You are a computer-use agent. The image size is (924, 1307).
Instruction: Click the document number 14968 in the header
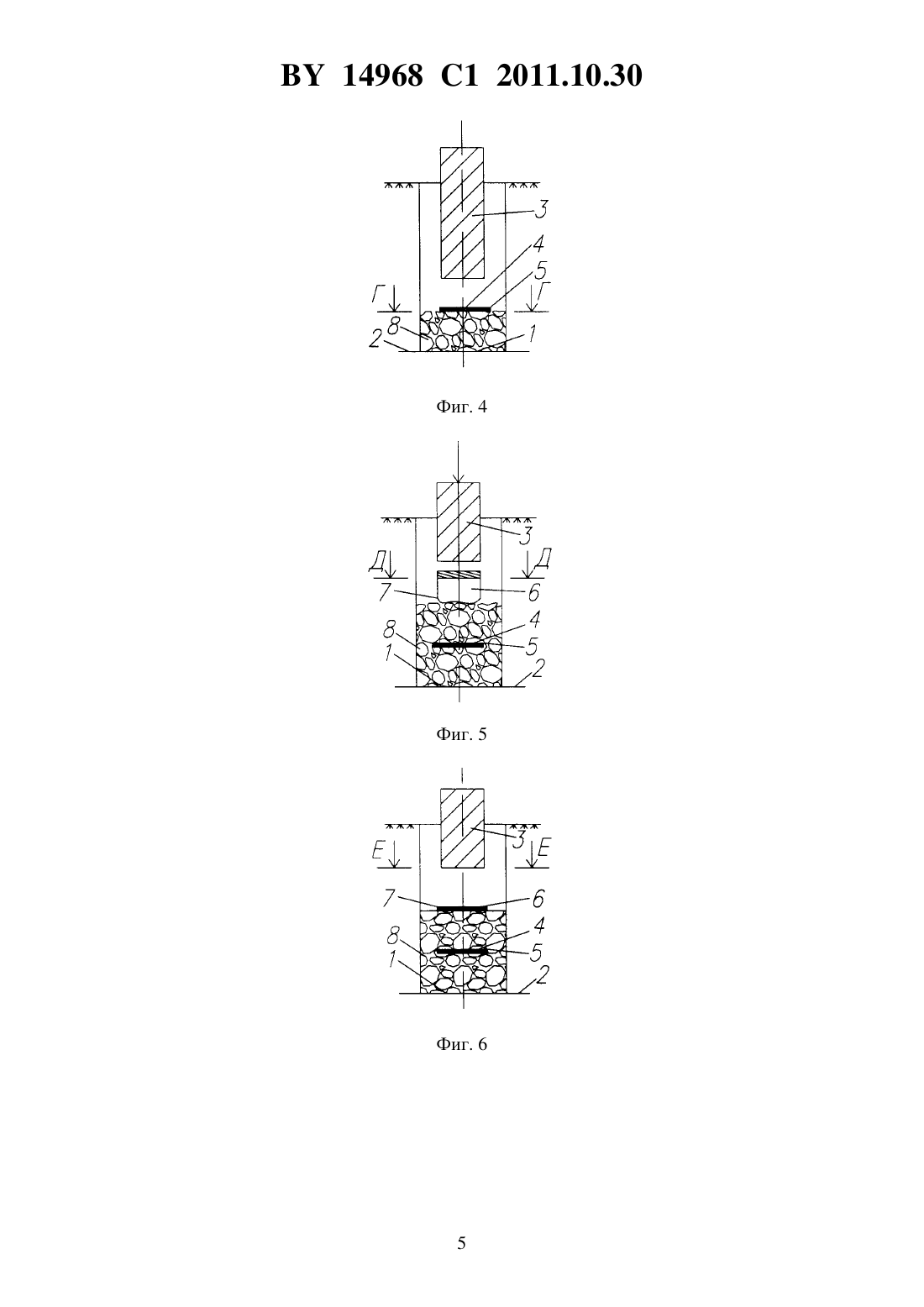point(382,76)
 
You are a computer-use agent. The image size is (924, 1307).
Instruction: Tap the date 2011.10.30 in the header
point(570,76)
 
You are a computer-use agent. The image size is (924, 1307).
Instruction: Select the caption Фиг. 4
point(461,407)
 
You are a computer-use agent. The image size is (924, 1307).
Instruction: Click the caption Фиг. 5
point(461,734)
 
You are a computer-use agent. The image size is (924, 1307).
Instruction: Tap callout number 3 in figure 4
point(541,209)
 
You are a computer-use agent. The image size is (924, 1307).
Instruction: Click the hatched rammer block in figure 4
point(461,213)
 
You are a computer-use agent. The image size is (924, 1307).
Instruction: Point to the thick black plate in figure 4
point(465,308)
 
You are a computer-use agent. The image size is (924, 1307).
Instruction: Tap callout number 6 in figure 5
point(533,593)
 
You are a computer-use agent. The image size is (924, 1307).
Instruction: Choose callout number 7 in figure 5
point(384,592)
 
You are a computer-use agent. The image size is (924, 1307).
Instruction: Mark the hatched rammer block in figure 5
point(459,521)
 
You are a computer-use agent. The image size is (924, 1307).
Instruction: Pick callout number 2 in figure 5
point(538,668)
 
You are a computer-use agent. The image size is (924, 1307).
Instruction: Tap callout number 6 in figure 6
point(538,899)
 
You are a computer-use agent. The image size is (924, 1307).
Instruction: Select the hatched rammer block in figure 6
point(462,828)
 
